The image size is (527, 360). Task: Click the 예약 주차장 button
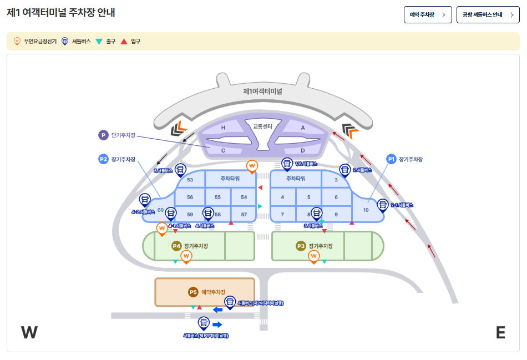[427, 15]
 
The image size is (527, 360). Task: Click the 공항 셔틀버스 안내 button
[488, 15]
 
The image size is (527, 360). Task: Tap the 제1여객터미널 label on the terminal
[262, 91]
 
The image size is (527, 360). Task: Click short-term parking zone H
[223, 128]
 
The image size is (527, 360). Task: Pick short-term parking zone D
[302, 150]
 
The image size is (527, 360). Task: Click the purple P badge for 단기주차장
[103, 135]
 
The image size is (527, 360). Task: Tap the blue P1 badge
[391, 159]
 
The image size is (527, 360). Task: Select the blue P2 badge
[103, 159]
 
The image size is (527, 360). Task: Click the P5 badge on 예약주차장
[193, 292]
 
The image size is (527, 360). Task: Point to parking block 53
[190, 180]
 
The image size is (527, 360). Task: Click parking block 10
[366, 210]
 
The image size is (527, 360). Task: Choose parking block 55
[217, 197]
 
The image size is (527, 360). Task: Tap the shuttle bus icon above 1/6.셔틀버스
[287, 163]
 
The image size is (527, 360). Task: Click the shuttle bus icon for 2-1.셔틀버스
[383, 205]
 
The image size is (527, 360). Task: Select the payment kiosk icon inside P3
[314, 256]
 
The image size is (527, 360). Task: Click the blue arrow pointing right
[217, 324]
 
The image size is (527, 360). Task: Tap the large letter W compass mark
[29, 332]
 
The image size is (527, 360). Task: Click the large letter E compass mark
[500, 332]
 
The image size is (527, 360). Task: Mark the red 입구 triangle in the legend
[124, 41]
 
